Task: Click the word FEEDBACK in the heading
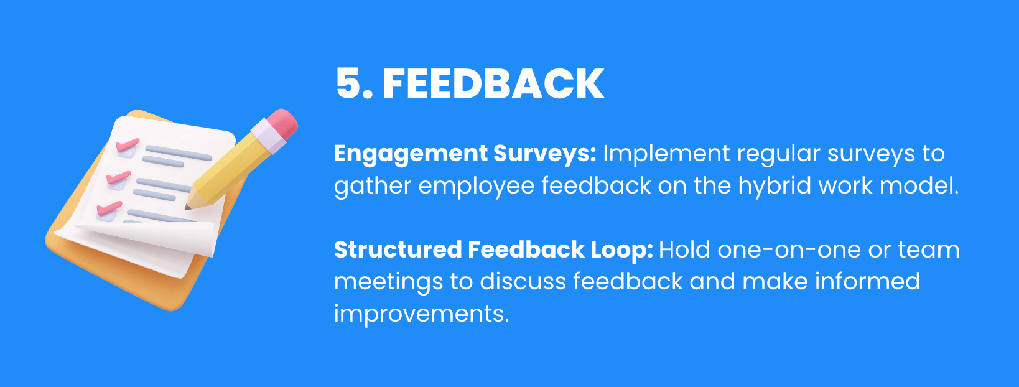(x=493, y=84)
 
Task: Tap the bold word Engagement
(x=411, y=154)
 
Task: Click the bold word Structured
(x=397, y=250)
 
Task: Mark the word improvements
(x=421, y=314)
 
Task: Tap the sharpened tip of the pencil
(x=188, y=205)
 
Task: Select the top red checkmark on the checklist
(x=127, y=144)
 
